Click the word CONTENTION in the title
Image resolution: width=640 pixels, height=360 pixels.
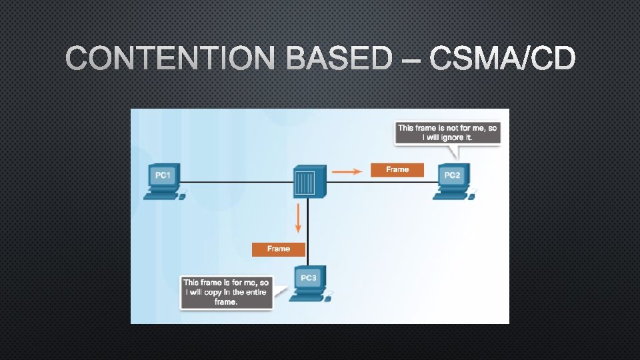[170, 60]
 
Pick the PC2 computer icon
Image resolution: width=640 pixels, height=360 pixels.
[453, 181]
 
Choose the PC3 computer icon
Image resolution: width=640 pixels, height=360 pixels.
[309, 283]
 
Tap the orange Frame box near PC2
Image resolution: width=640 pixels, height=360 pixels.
[397, 170]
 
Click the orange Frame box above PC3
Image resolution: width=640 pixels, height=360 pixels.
[279, 249]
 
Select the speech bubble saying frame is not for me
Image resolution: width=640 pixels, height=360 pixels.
[447, 132]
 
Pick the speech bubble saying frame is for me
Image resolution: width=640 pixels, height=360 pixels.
[226, 292]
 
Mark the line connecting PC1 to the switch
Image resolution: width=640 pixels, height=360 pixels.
[237, 181]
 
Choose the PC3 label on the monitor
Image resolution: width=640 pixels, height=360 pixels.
[309, 277]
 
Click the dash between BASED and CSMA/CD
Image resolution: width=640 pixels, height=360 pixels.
[411, 61]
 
